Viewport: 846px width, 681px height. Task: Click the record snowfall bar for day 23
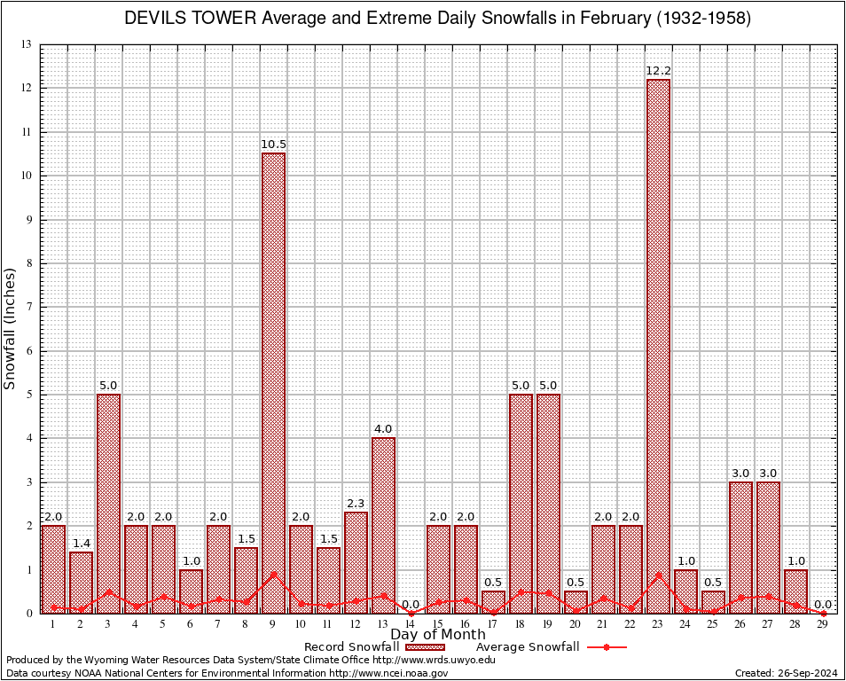[658, 346]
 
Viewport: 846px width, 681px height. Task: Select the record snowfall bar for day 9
[273, 381]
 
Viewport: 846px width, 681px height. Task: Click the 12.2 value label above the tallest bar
[658, 71]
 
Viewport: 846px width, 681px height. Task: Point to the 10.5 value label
[273, 145]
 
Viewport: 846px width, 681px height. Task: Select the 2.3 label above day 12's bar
[356, 504]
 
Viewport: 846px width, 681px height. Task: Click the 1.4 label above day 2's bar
[81, 543]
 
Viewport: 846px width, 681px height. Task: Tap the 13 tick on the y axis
[27, 44]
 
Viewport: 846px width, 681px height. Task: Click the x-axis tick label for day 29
[823, 624]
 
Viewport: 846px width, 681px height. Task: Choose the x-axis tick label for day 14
[411, 624]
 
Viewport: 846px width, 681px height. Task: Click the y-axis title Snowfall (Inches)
[11, 328]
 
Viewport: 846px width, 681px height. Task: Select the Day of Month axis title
[437, 634]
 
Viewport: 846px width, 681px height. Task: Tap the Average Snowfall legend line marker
[606, 646]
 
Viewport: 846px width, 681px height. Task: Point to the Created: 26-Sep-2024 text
[786, 673]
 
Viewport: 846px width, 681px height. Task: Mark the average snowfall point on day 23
[658, 575]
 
